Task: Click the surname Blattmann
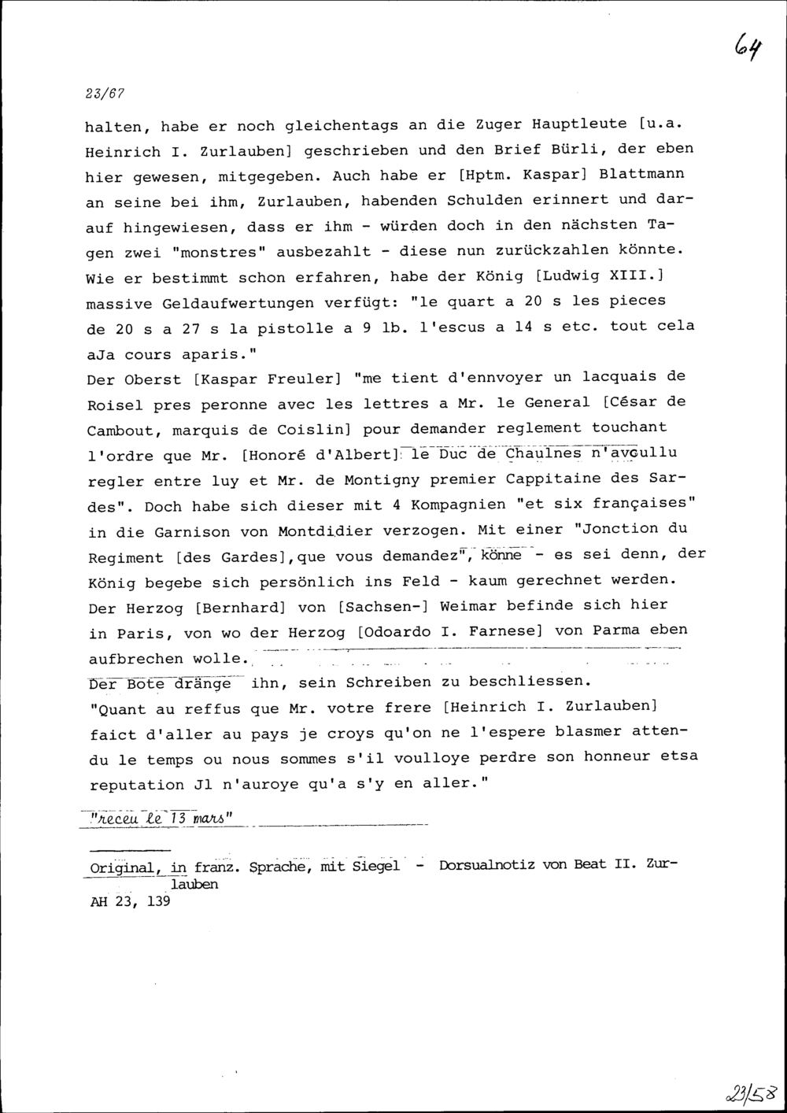(x=641, y=173)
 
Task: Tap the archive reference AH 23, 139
(x=130, y=903)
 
